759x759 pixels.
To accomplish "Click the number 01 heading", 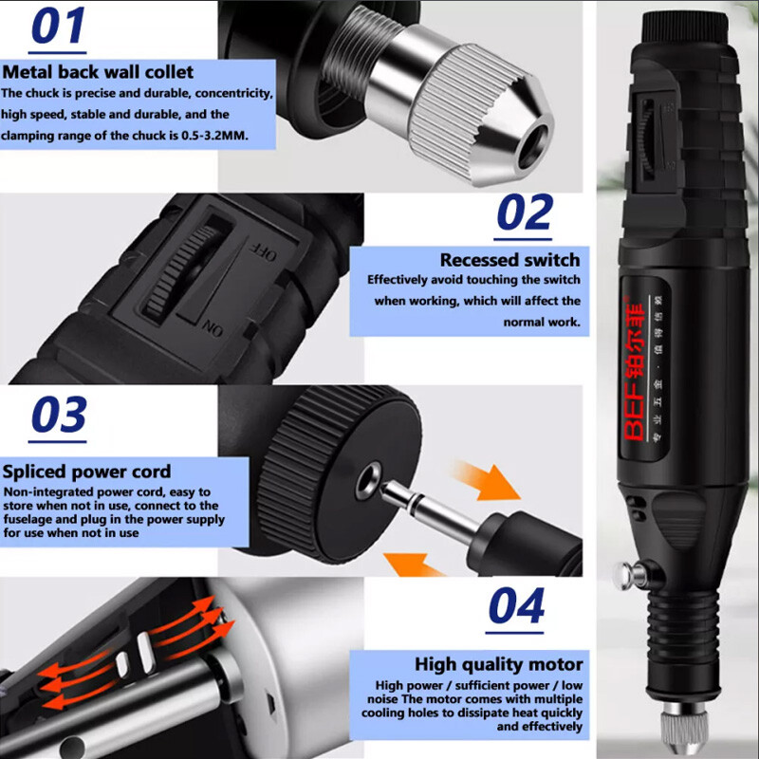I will [x=58, y=27].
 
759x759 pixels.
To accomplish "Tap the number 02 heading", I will [x=525, y=213].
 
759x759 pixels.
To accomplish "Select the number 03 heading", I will [x=58, y=417].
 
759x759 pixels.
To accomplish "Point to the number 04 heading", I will [x=517, y=606].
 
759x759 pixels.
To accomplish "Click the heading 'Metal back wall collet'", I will [x=98, y=71].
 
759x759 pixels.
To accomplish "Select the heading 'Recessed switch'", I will [x=509, y=260].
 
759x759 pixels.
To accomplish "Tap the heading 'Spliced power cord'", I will [x=86, y=472].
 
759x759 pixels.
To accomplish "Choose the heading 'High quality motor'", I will [x=498, y=664].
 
